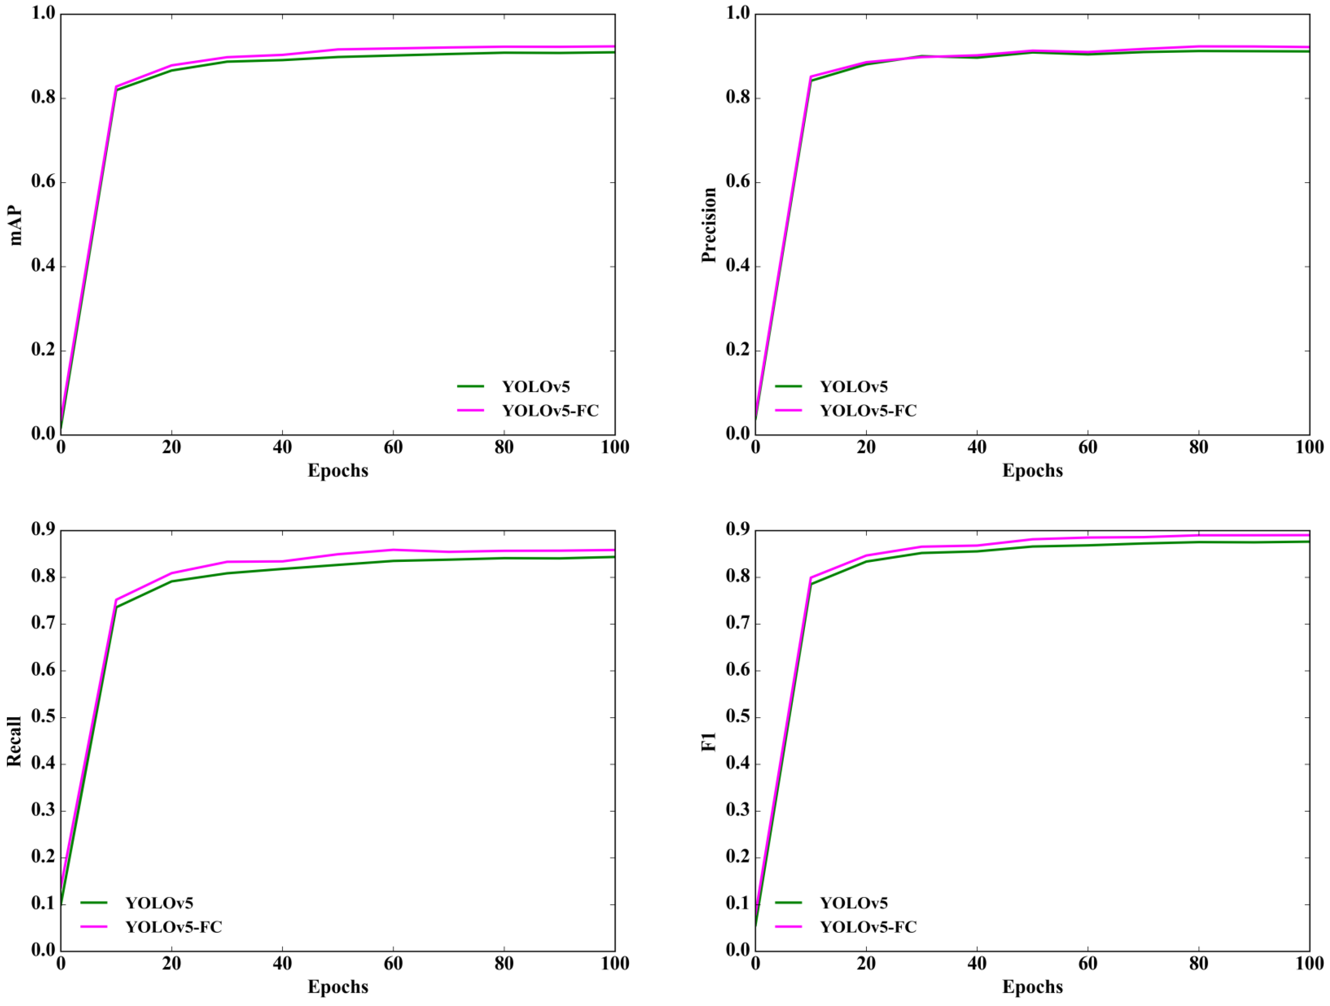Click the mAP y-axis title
(16, 226)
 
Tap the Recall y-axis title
(14, 741)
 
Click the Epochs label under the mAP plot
(338, 471)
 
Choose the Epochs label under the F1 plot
(1032, 987)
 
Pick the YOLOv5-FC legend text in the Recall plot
(174, 927)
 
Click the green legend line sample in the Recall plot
(94, 903)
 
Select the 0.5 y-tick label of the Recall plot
(43, 716)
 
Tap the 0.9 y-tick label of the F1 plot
(738, 529)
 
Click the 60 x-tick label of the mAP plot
(393, 447)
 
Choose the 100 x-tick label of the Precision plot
(1309, 447)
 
